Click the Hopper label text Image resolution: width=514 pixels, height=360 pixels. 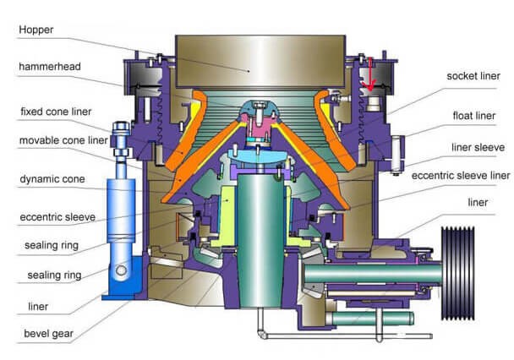coord(36,30)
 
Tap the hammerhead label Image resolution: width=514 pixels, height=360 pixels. coord(50,67)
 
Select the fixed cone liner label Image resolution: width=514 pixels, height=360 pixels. coord(56,112)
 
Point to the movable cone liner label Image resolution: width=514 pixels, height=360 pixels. coord(63,140)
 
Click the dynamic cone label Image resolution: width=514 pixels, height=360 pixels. coord(52,179)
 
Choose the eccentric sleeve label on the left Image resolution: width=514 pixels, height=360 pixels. coord(57,217)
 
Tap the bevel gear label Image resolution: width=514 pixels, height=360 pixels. coord(48,334)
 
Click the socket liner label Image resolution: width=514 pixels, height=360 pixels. coord(473,76)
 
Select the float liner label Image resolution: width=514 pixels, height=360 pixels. coord(474,116)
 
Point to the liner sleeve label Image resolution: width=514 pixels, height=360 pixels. coord(478,147)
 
